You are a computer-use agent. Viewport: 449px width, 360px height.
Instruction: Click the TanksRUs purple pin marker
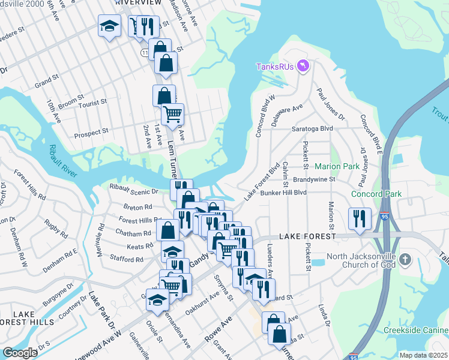[x=302, y=66]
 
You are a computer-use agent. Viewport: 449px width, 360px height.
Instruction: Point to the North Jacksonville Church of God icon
[x=405, y=259]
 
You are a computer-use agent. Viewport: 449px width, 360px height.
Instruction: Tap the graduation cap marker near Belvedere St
[x=109, y=27]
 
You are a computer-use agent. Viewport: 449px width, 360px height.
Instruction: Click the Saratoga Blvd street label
[x=312, y=128]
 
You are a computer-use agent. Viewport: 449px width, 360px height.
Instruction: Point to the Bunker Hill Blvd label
[x=284, y=193]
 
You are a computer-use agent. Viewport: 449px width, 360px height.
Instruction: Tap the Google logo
[x=20, y=353]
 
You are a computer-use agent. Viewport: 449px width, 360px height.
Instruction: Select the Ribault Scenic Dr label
[x=134, y=189]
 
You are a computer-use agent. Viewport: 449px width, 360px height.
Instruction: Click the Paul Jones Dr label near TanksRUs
[x=331, y=104]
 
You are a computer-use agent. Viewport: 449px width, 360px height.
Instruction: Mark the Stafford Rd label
[x=127, y=259]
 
